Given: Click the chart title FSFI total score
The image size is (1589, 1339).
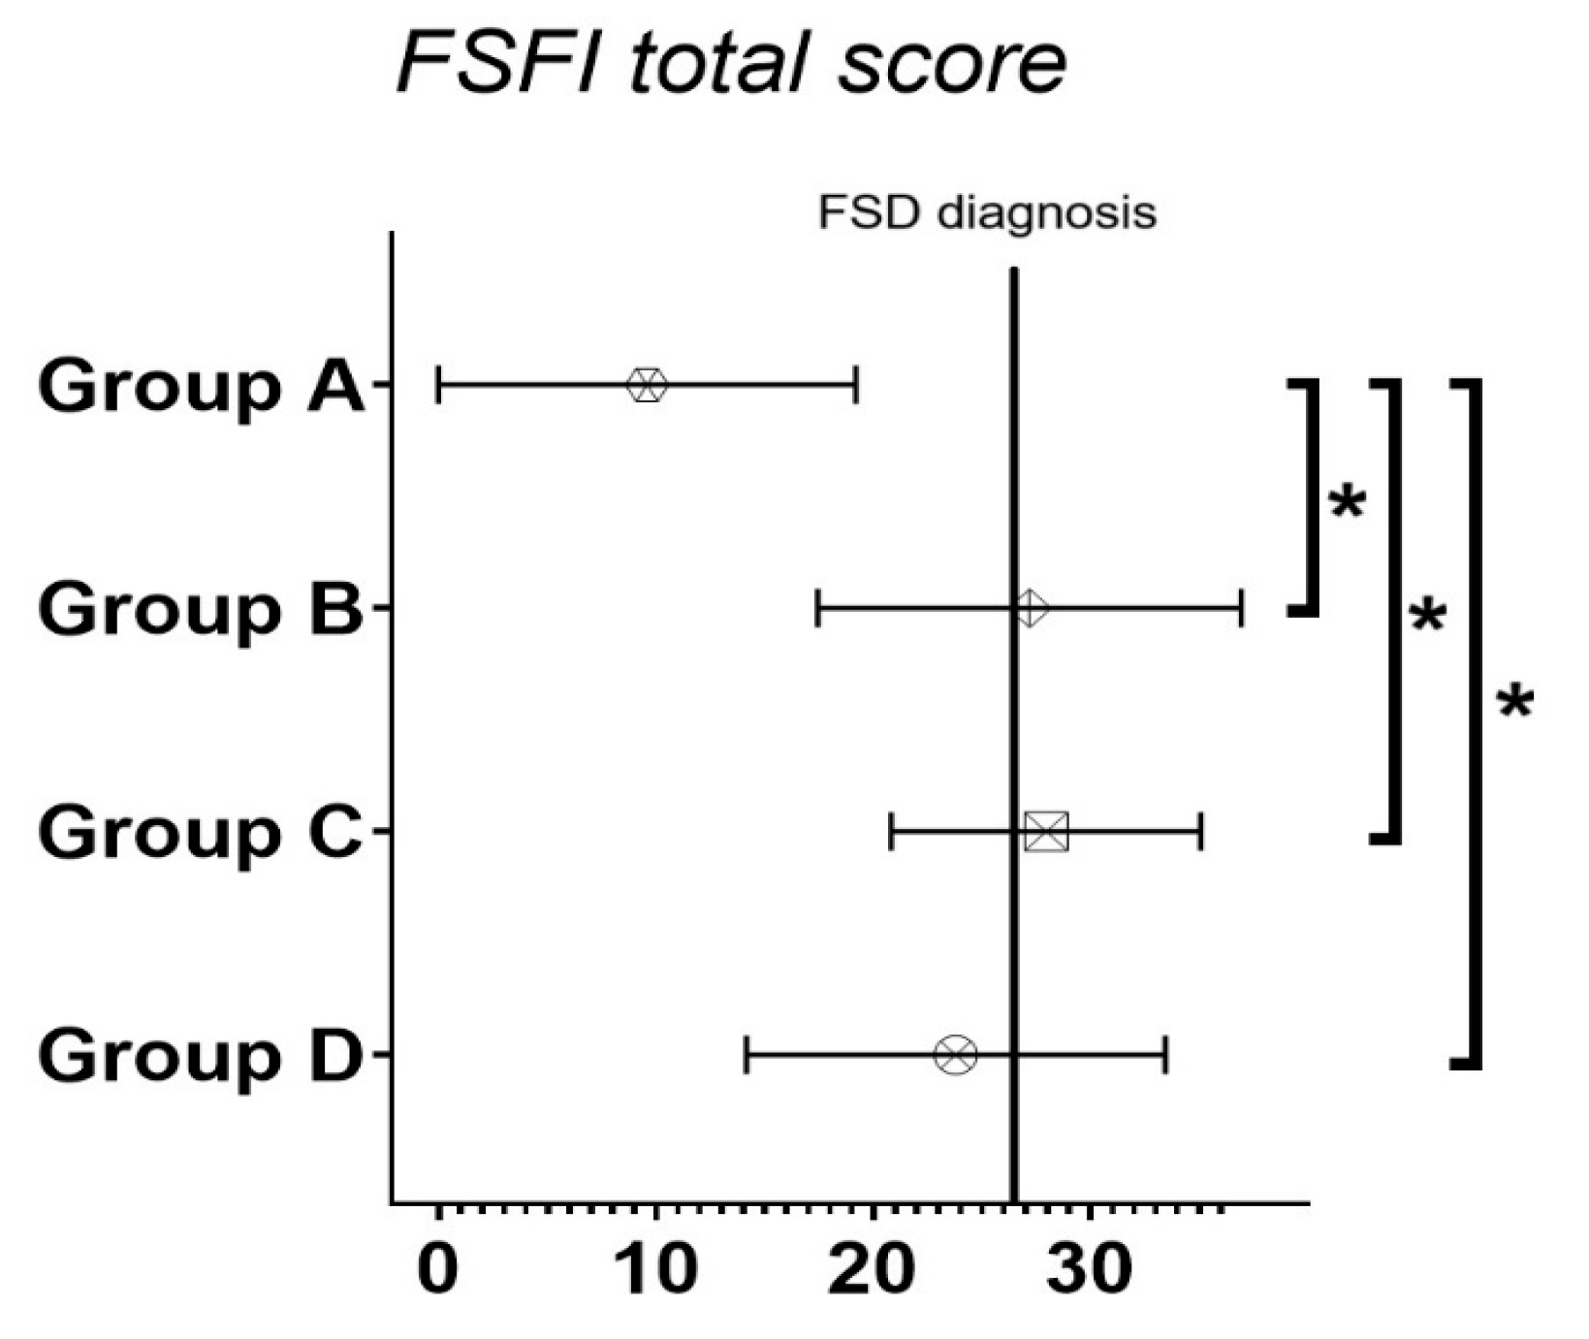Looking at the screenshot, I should pyautogui.click(x=732, y=63).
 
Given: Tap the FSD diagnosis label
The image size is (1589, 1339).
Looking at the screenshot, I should pyautogui.click(x=987, y=213).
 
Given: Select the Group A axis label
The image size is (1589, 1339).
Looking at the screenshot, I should pyautogui.click(x=201, y=386).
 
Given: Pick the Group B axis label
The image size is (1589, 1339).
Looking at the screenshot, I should pyautogui.click(x=201, y=610).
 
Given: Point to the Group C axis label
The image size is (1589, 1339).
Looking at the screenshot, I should pyautogui.click(x=201, y=833).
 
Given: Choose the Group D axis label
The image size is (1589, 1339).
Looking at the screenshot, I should pyautogui.click(x=201, y=1056).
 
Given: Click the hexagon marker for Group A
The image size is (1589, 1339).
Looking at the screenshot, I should pyautogui.click(x=647, y=385).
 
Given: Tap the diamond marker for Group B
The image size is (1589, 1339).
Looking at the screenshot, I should pyautogui.click(x=1031, y=609).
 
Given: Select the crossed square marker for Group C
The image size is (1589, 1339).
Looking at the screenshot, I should pyautogui.click(x=1046, y=832).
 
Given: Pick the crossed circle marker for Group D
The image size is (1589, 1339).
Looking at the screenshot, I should pyautogui.click(x=956, y=1055).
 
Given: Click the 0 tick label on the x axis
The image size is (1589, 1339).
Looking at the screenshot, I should pyautogui.click(x=438, y=1269).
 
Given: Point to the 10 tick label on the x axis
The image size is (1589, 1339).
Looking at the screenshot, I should pyautogui.click(x=656, y=1269).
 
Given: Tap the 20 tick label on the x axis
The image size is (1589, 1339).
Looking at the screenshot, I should pyautogui.click(x=874, y=1269).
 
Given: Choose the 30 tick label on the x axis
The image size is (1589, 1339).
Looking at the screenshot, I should pyautogui.click(x=1091, y=1269).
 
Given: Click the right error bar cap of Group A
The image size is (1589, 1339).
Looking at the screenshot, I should pyautogui.click(x=856, y=385).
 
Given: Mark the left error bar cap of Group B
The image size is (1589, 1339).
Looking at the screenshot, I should pyautogui.click(x=819, y=609).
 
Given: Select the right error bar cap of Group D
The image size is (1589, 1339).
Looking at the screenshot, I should pyautogui.click(x=1165, y=1055).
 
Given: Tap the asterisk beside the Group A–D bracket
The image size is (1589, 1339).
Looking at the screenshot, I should pyautogui.click(x=1515, y=702).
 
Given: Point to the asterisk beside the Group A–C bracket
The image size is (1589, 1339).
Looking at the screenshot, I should pyautogui.click(x=1427, y=617).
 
